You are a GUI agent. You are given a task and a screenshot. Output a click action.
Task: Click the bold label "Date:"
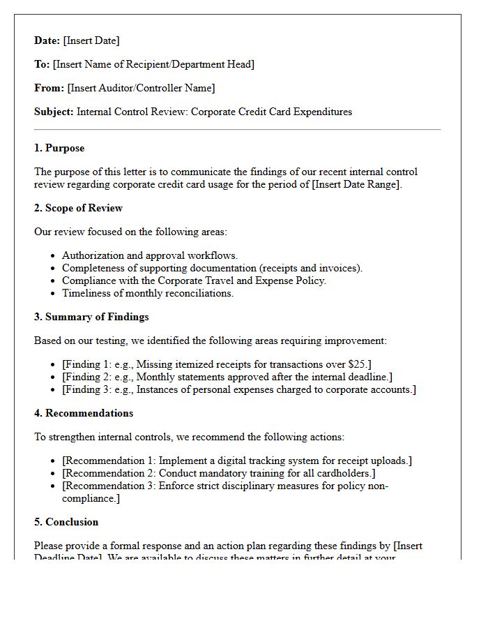[x=47, y=40]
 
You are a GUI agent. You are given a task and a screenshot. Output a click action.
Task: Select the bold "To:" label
[x=42, y=64]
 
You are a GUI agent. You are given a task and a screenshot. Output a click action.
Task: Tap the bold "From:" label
[x=49, y=88]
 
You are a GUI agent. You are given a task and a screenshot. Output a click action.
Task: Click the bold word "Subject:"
[x=54, y=112]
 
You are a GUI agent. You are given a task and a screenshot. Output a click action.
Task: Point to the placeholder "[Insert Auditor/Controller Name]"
[x=141, y=88]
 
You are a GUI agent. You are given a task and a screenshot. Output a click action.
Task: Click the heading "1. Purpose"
[x=59, y=148]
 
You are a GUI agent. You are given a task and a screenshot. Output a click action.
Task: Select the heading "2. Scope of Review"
[x=78, y=208]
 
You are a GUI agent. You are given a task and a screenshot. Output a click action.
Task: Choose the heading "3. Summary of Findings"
[x=91, y=317]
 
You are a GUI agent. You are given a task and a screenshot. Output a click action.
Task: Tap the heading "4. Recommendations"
[x=84, y=413]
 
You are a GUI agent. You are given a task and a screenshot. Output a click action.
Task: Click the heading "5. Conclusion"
[x=66, y=522]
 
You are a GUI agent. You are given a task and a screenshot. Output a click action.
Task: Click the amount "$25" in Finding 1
[x=356, y=364]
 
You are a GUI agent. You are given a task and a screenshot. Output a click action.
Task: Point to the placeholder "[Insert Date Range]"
[x=347, y=184]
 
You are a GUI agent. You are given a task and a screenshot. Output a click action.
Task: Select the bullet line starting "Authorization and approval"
[x=149, y=255]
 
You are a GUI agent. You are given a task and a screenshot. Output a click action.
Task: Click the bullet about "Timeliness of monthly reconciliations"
[x=147, y=293]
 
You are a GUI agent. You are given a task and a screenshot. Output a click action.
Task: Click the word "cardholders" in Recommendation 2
[x=344, y=473]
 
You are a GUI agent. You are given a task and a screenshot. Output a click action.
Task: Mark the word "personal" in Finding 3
[x=212, y=389]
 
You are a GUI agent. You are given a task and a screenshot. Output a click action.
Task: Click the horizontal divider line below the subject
[x=237, y=130]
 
